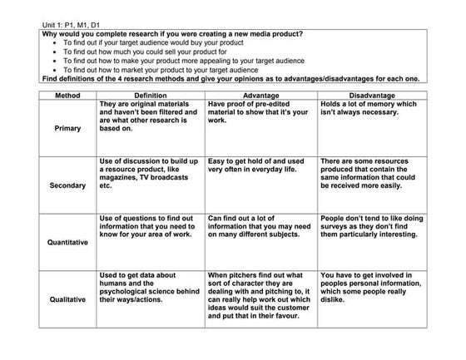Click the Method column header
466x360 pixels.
click(67, 96)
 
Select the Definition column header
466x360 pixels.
click(150, 96)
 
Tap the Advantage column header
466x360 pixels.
click(260, 96)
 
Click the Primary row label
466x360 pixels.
click(67, 129)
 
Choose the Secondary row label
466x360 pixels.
click(67, 185)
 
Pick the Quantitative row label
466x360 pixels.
click(67, 243)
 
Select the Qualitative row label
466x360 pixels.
click(67, 299)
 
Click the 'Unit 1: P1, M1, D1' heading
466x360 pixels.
click(76, 26)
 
